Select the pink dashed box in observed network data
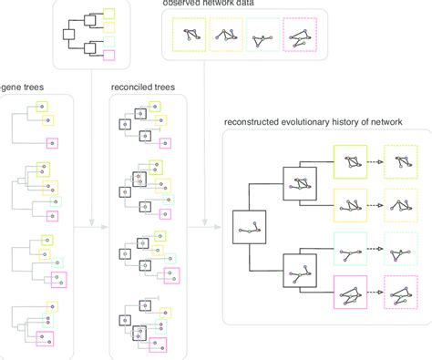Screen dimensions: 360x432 pyautogui.click(x=302, y=36)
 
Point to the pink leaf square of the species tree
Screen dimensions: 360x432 pyautogui.click(x=109, y=56)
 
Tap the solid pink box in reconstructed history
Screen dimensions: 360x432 pyautogui.click(x=353, y=293)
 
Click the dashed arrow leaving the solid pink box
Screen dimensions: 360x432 pyautogui.click(x=376, y=293)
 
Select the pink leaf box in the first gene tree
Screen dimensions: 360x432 pyautogui.click(x=52, y=142)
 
